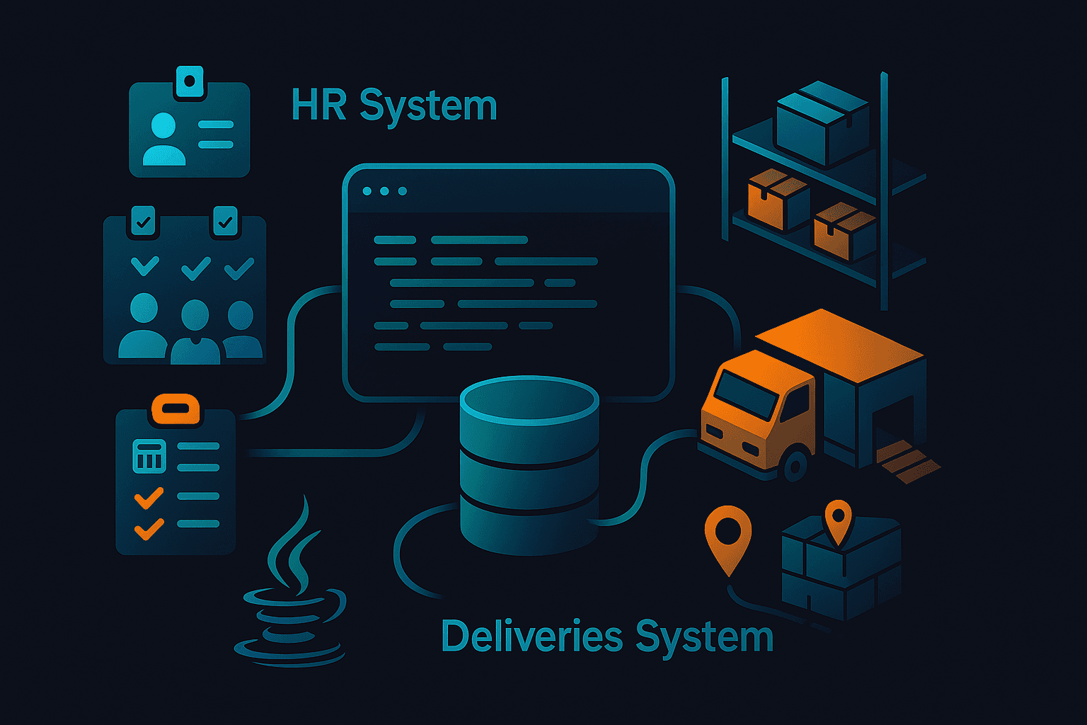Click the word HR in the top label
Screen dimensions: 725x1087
[x=319, y=105]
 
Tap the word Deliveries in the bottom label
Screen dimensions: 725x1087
[x=531, y=636]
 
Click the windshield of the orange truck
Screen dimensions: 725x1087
[x=744, y=394]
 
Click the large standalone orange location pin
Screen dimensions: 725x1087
[x=727, y=535]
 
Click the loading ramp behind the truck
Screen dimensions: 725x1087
[x=908, y=460]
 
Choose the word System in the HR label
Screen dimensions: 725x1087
[x=428, y=106]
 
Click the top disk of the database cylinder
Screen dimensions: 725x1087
[x=529, y=400]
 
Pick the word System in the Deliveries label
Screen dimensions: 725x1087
[x=703, y=636]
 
